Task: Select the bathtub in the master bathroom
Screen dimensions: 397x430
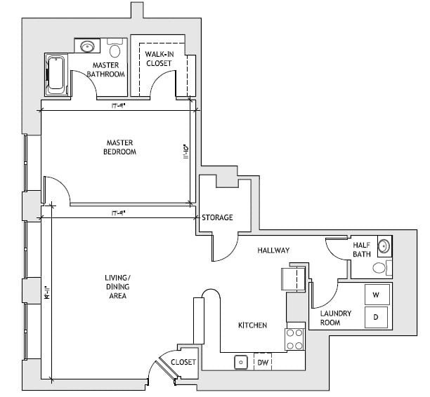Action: pyautogui.click(x=56, y=74)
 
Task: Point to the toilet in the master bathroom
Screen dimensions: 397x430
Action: pyautogui.click(x=115, y=49)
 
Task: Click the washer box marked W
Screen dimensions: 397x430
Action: pyautogui.click(x=376, y=295)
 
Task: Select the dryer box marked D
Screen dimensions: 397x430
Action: pyautogui.click(x=376, y=317)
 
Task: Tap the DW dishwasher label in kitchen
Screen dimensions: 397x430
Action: pyautogui.click(x=262, y=363)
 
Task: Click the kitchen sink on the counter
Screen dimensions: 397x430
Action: pyautogui.click(x=240, y=362)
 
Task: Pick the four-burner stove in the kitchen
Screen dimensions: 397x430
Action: pyautogui.click(x=295, y=339)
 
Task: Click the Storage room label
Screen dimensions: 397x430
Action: pyautogui.click(x=217, y=217)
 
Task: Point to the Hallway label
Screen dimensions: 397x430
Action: pyautogui.click(x=273, y=250)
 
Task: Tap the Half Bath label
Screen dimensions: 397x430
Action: pyautogui.click(x=361, y=250)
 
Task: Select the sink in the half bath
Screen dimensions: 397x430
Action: pyautogui.click(x=384, y=246)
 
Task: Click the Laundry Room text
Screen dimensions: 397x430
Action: pyautogui.click(x=330, y=318)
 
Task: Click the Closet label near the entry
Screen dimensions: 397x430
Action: pyautogui.click(x=183, y=362)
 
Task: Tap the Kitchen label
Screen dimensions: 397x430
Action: pyautogui.click(x=252, y=325)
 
